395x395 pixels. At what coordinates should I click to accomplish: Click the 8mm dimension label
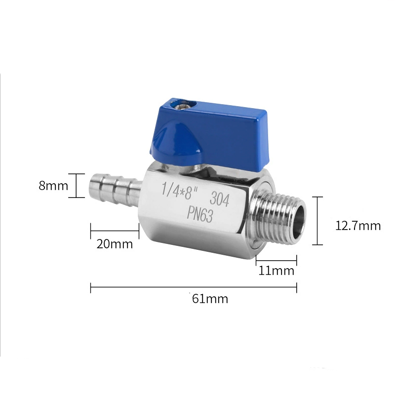53,186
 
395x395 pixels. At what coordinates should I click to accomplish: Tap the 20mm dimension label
115,243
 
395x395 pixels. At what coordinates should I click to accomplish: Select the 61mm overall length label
210,299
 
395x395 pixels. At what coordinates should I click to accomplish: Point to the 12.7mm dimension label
358,226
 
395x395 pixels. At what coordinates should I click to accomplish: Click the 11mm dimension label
276,271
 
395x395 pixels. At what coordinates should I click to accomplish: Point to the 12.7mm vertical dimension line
318,220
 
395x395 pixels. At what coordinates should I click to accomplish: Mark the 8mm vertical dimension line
77,186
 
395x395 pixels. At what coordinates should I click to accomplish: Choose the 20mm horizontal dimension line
115,230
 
